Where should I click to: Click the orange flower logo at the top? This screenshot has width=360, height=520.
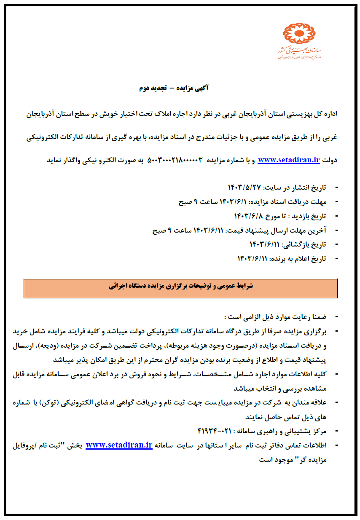point(299,34)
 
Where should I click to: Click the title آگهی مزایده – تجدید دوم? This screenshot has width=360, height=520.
point(174,88)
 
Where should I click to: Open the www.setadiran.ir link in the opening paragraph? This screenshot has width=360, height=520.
point(289,160)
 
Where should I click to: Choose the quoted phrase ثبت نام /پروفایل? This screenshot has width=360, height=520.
point(40,445)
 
